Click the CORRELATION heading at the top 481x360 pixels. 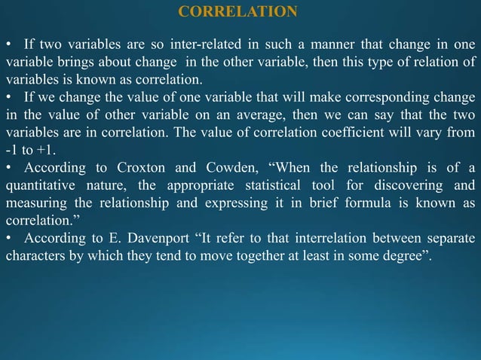click(x=238, y=11)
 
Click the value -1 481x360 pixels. click(x=11, y=151)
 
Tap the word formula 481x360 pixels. click(x=359, y=204)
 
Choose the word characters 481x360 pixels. click(x=35, y=258)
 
